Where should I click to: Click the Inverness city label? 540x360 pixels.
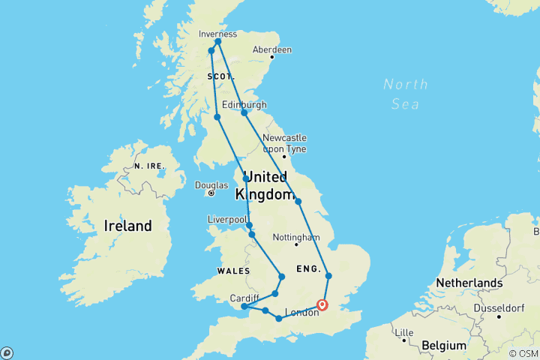tap(218, 34)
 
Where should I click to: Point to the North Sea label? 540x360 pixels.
tap(405, 94)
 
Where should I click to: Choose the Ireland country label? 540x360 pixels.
tap(127, 226)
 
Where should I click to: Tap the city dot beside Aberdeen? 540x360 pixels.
tap(272, 57)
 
